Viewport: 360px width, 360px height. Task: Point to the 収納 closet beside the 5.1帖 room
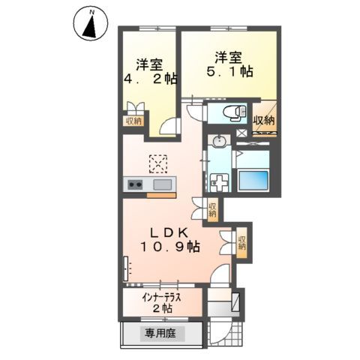[x=263, y=121]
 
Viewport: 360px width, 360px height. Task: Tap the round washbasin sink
[x=219, y=141]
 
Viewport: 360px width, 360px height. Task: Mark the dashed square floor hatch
[x=159, y=163]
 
